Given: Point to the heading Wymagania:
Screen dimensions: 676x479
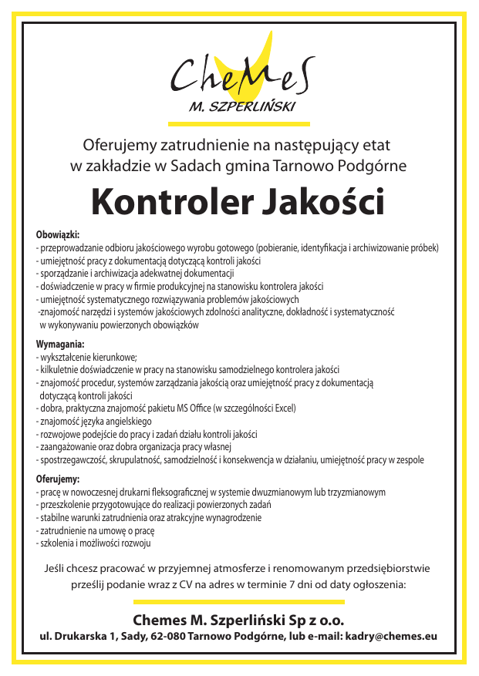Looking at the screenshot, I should coord(60,344).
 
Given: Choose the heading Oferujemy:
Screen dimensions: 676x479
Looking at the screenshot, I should coord(58,479).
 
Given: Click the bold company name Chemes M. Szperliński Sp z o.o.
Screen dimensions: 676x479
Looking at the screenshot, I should coord(238,620).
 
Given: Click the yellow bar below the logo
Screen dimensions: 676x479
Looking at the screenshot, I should coord(239,123).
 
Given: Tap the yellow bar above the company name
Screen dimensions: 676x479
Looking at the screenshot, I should coord(239,602).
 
